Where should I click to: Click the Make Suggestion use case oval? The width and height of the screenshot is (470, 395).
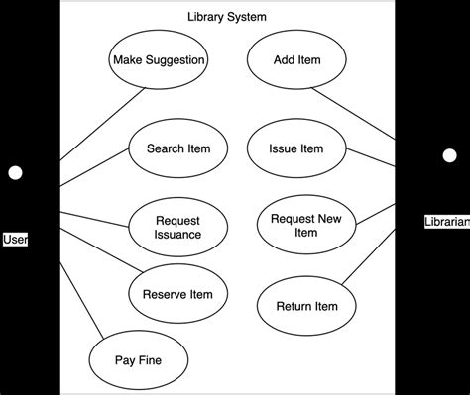(x=159, y=61)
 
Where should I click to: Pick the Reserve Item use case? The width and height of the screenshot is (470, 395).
(x=177, y=294)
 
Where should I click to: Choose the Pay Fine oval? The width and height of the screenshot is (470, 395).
(x=138, y=360)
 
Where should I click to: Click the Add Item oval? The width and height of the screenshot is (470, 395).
(x=296, y=61)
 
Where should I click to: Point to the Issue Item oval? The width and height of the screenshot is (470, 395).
(x=296, y=149)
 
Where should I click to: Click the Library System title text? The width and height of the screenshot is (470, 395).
(x=227, y=17)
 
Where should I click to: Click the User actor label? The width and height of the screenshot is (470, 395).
(x=15, y=239)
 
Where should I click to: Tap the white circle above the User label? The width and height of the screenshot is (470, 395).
(x=15, y=174)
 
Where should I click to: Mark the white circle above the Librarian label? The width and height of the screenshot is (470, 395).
(x=449, y=155)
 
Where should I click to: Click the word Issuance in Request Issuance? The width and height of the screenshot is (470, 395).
(x=178, y=235)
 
